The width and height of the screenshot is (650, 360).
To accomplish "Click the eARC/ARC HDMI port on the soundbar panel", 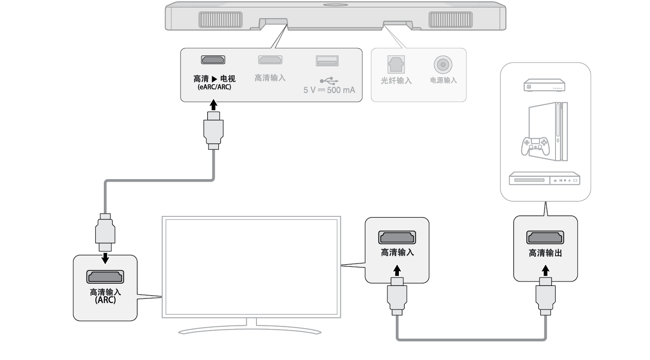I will pos(213,60).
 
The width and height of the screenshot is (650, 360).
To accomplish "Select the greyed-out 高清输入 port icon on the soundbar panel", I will pos(270,60).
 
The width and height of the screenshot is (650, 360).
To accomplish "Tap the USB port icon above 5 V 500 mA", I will pos(327,61).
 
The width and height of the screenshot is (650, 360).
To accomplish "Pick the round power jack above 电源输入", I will pos(443,65).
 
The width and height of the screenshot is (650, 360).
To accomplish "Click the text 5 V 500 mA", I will pos(329,90).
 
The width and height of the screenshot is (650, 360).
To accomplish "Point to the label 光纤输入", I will pos(396,81).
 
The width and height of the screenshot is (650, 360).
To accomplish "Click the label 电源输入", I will pos(443,81).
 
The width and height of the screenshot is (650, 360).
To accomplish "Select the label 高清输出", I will pos(545,254).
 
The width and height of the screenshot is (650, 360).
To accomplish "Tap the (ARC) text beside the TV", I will pos(105,300).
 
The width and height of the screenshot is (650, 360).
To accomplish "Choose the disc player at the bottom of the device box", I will pos(545,179).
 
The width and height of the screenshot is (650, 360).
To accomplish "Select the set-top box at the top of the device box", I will pos(544,86).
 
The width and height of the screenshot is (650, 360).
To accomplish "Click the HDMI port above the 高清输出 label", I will pos(545,238).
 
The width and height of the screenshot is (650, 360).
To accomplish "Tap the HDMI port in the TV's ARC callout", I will pos(105,277).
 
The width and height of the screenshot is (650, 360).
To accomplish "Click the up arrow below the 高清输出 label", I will pos(545,270).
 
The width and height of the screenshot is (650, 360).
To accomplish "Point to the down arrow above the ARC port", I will pos(105,258).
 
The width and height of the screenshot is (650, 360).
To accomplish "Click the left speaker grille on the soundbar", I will pos(221,20).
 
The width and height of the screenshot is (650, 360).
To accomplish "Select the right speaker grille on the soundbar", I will pos(450,20).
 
